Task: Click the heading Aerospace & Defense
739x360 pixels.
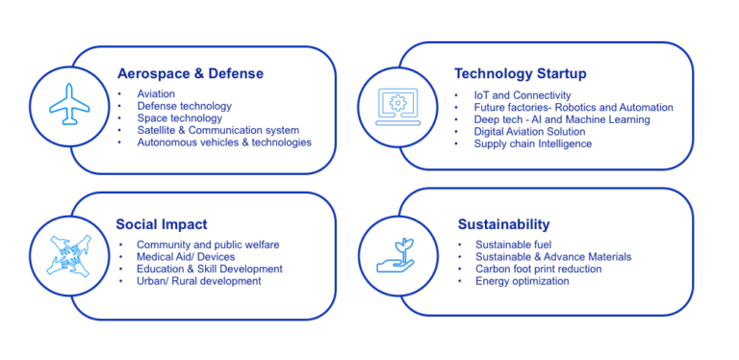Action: (190, 73)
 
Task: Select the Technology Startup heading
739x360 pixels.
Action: (520, 73)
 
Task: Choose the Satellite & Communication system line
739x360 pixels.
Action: (217, 130)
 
